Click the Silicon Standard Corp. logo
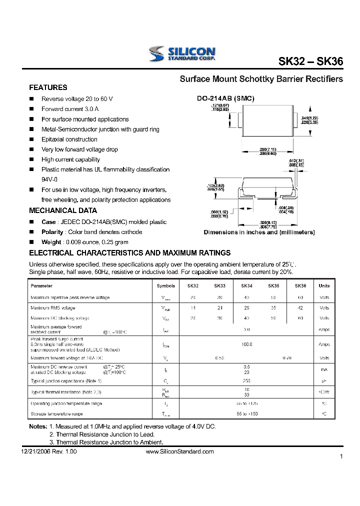coord(182,53)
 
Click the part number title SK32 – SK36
coord(310,61)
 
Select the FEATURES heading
coord(48,87)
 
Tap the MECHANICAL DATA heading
coord(63,210)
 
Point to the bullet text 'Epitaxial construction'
coord(69,139)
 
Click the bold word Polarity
coord(52,232)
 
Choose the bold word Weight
coord(51,242)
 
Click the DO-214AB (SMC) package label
coord(225,99)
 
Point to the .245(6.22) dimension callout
coord(309,118)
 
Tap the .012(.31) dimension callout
coord(296,160)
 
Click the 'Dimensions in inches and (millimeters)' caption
coord(259,232)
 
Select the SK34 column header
coord(246,286)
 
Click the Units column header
coord(324,286)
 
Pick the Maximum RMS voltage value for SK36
coord(300,308)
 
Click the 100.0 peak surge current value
coord(246,344)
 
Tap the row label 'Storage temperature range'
coord(56,414)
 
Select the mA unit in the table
coord(324,369)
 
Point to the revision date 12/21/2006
coord(36,451)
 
